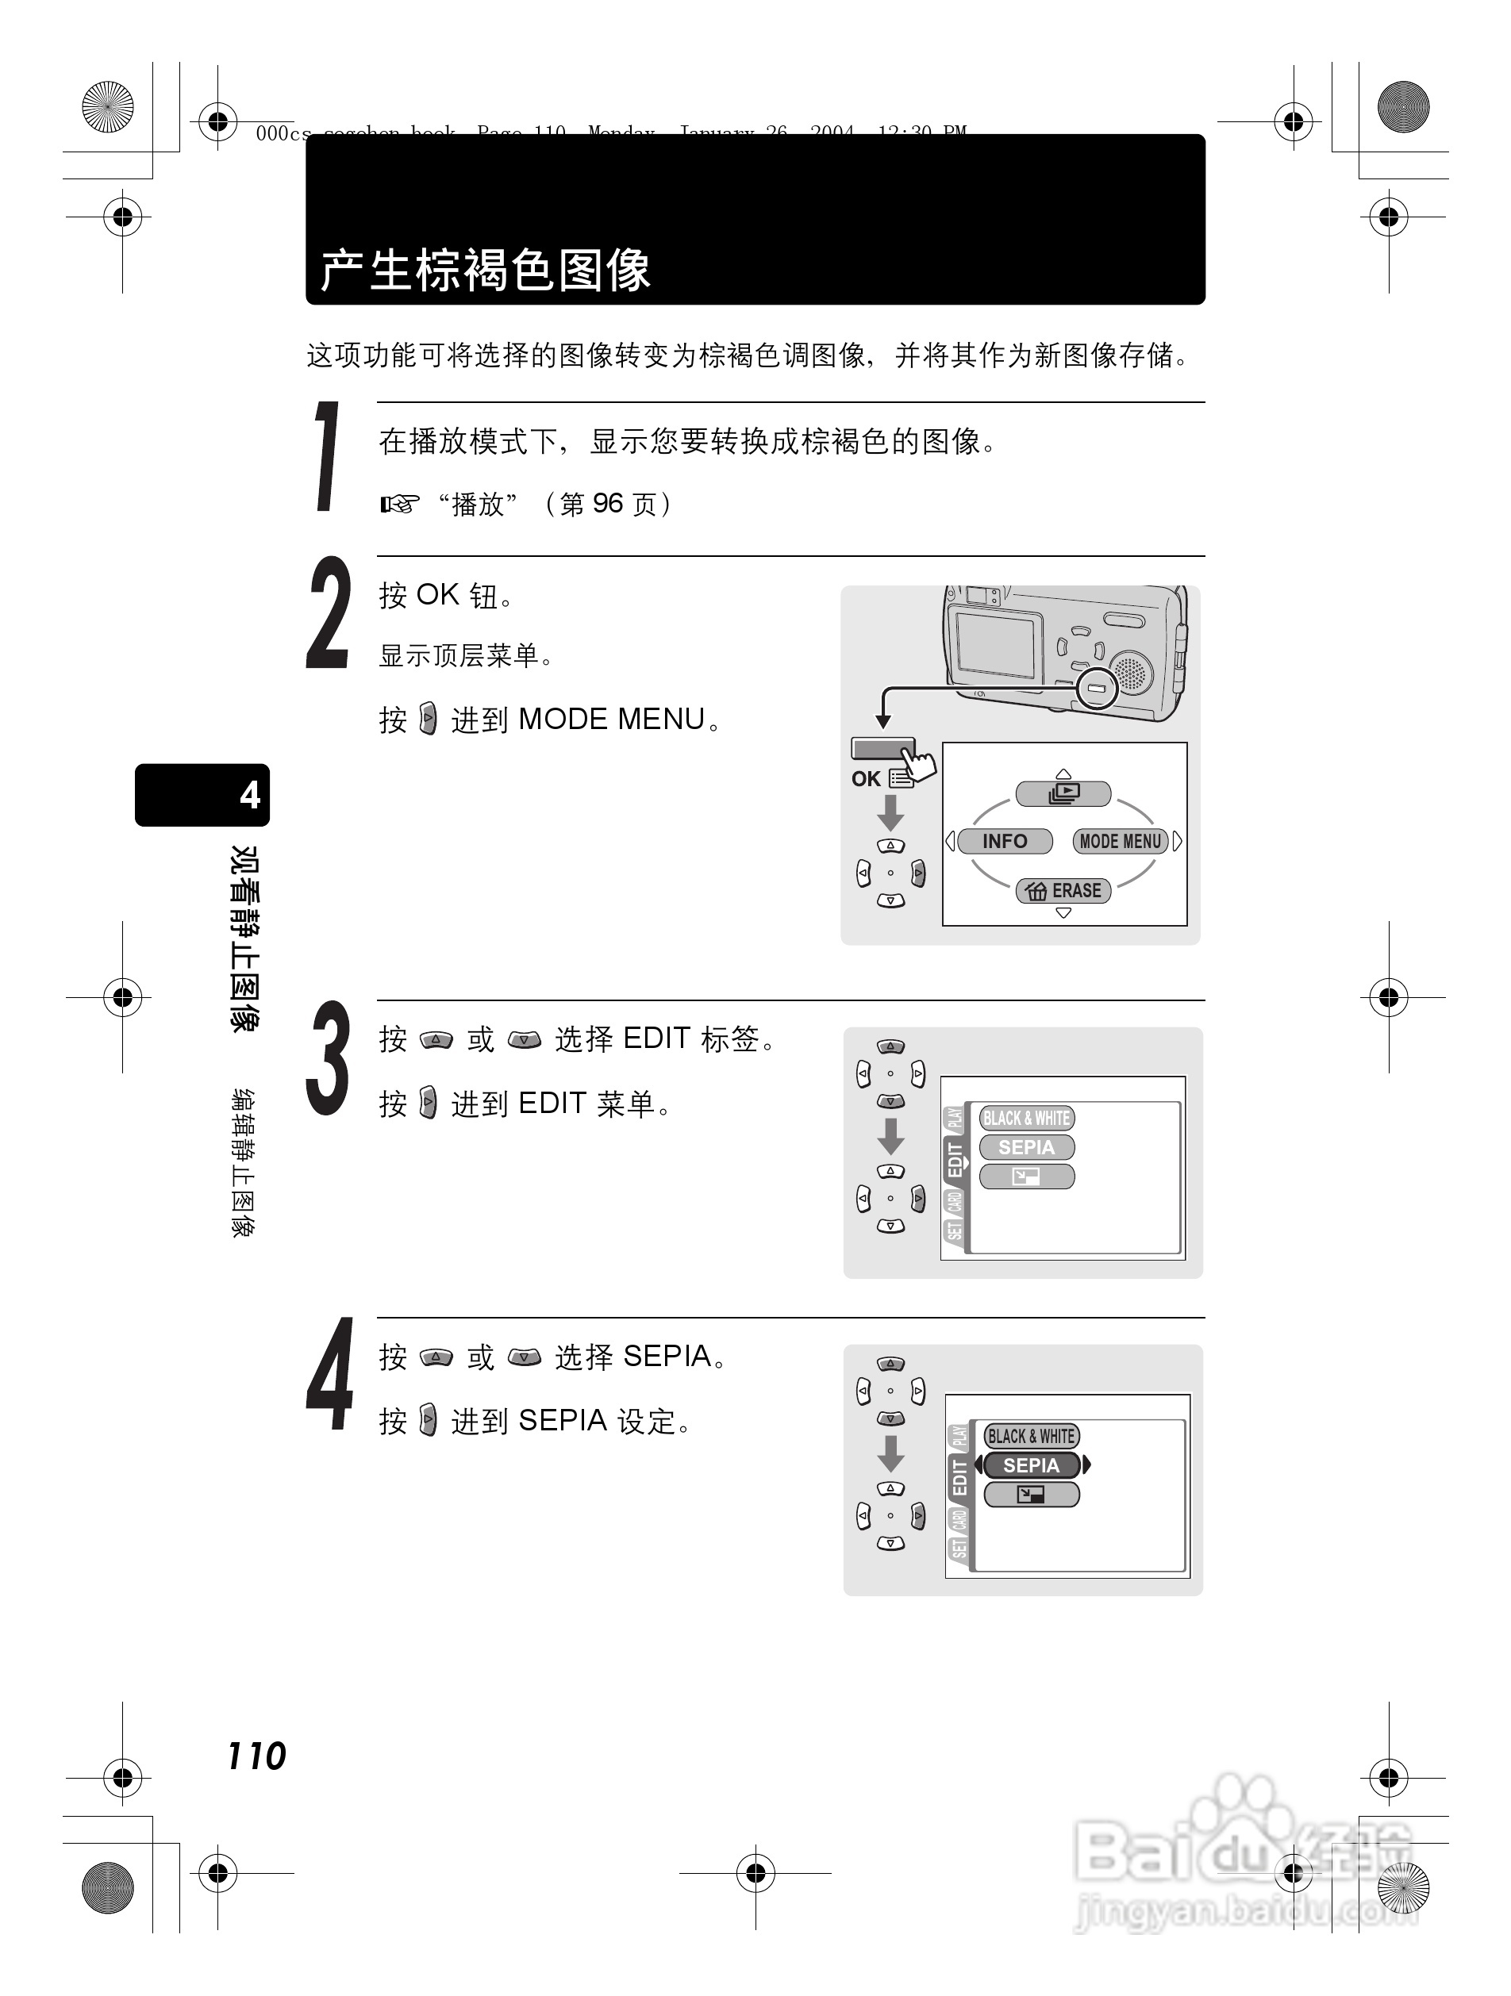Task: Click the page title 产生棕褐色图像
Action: [x=485, y=270]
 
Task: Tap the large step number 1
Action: [x=328, y=458]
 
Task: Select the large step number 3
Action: [x=328, y=1058]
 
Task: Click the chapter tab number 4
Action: [x=249, y=795]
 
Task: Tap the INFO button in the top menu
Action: [x=1004, y=841]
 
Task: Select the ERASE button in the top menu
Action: [x=1063, y=891]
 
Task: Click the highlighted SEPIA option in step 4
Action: [x=1031, y=1465]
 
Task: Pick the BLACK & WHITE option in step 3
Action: [x=1026, y=1118]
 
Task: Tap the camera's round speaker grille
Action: [x=1130, y=672]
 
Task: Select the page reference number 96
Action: [x=607, y=504]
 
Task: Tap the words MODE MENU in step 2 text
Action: [x=611, y=720]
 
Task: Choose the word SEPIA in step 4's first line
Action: [x=667, y=1357]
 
